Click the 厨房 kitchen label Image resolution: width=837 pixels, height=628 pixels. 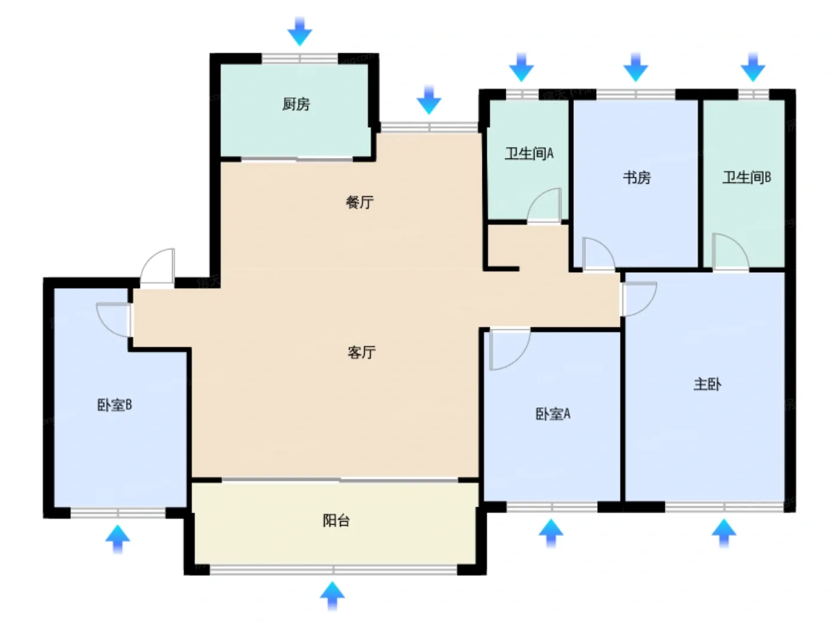coord(296,103)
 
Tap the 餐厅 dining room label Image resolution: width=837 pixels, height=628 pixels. coord(359,202)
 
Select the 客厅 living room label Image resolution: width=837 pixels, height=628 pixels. coord(361,352)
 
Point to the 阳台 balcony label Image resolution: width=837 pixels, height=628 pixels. coord(336,520)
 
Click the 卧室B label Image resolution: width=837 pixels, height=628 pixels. coord(115,404)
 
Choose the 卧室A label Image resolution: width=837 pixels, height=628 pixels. coord(553,413)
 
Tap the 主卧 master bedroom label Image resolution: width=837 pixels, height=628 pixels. coord(707,384)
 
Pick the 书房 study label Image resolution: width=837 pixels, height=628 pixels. coord(637,177)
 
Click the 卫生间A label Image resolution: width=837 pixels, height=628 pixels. coord(529,153)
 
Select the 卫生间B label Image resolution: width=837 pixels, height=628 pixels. coord(746,177)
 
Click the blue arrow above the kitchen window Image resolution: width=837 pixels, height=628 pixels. coord(300,32)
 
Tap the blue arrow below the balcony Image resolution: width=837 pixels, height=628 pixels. coord(332,596)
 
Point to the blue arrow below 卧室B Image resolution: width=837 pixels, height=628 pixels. coord(118,539)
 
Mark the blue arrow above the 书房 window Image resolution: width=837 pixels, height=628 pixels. coord(636,68)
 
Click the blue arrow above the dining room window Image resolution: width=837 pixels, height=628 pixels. coord(429,100)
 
